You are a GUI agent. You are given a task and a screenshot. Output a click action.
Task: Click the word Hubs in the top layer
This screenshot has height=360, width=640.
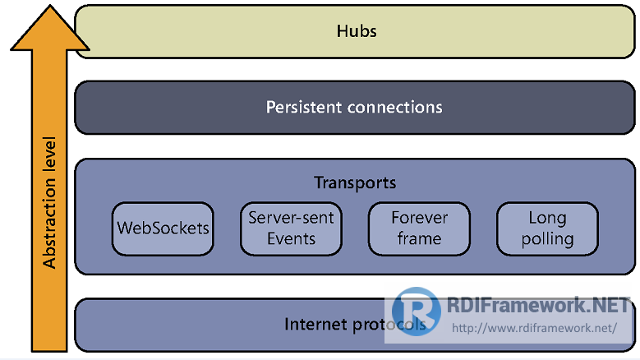coord(357,31)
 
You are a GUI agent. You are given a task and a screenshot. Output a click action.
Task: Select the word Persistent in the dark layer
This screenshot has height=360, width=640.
coord(304,107)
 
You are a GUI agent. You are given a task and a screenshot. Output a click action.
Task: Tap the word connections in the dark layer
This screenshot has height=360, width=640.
coord(394,107)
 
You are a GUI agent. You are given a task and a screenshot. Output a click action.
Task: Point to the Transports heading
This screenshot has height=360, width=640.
coord(355,182)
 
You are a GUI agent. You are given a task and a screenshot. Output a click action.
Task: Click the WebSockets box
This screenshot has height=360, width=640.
coord(163,228)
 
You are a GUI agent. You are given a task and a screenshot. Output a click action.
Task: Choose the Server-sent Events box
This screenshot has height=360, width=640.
coord(291,228)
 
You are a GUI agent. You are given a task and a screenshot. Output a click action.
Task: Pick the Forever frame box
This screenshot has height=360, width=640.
coord(419,228)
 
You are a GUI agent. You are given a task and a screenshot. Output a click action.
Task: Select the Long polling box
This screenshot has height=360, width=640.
coord(547,228)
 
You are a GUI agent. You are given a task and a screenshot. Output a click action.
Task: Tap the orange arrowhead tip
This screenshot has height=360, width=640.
coord(50,5)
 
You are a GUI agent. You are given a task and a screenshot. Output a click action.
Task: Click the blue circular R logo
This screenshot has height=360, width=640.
coord(416,312)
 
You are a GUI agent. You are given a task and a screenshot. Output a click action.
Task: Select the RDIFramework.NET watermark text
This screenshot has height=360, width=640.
coord(538,305)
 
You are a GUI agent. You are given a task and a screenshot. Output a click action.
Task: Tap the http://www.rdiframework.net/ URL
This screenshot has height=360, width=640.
coord(534,328)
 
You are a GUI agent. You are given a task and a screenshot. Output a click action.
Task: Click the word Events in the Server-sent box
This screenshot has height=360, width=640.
coord(291,239)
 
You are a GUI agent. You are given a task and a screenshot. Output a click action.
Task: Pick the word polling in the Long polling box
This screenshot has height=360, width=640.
coord(547,240)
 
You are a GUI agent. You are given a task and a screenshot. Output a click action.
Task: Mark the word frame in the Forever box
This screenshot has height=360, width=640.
coord(419,239)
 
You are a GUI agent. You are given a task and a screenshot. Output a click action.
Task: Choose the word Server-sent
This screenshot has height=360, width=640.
coord(291,218)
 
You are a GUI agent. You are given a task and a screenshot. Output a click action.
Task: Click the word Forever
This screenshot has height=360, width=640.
coord(419,218)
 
